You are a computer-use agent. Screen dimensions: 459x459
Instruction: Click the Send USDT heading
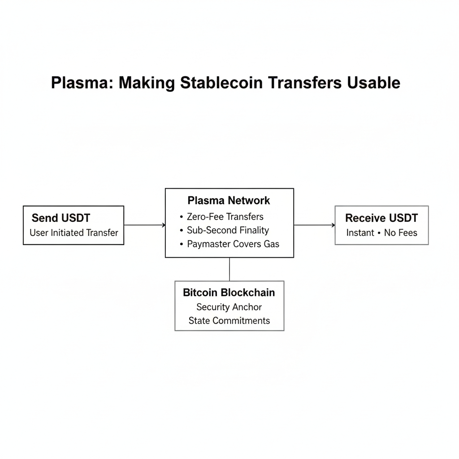click(x=61, y=218)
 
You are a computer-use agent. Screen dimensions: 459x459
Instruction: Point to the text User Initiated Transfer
click(x=74, y=233)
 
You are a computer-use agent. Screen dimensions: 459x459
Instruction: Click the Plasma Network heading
click(x=229, y=200)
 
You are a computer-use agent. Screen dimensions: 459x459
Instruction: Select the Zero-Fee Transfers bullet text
click(x=225, y=217)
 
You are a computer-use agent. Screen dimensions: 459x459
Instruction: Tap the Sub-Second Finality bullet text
click(x=228, y=230)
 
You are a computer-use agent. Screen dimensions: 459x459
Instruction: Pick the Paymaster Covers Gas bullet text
click(x=233, y=244)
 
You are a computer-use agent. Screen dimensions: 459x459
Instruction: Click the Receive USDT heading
click(x=381, y=218)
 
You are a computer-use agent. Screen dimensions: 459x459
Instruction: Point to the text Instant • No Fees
click(x=381, y=233)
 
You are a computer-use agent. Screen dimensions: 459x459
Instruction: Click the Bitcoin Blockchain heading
click(x=229, y=293)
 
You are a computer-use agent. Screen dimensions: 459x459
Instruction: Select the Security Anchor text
click(x=229, y=307)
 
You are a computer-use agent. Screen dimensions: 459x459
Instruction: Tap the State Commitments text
click(x=229, y=320)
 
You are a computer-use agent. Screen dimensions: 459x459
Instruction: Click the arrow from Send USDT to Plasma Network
click(x=144, y=225)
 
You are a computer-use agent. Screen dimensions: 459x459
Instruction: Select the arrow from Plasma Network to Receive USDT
click(x=314, y=225)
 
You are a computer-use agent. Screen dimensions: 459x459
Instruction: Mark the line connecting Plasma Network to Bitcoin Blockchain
click(x=229, y=269)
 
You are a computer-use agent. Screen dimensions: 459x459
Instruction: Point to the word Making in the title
click(x=147, y=83)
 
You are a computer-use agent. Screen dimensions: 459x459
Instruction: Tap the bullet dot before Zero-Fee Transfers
click(x=182, y=217)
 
